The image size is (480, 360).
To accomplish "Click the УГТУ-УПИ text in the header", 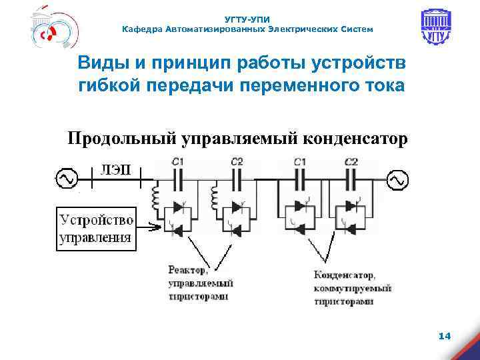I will [247, 20].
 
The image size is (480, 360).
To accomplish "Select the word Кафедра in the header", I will [141, 29].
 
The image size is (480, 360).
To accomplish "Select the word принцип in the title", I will [185, 64].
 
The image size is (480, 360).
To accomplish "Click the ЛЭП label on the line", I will [116, 168].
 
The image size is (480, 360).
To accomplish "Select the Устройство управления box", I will [95, 228].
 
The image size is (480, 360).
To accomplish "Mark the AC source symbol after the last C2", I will [397, 179].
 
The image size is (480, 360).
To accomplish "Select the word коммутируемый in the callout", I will [351, 288].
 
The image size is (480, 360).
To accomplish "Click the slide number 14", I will [445, 337].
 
